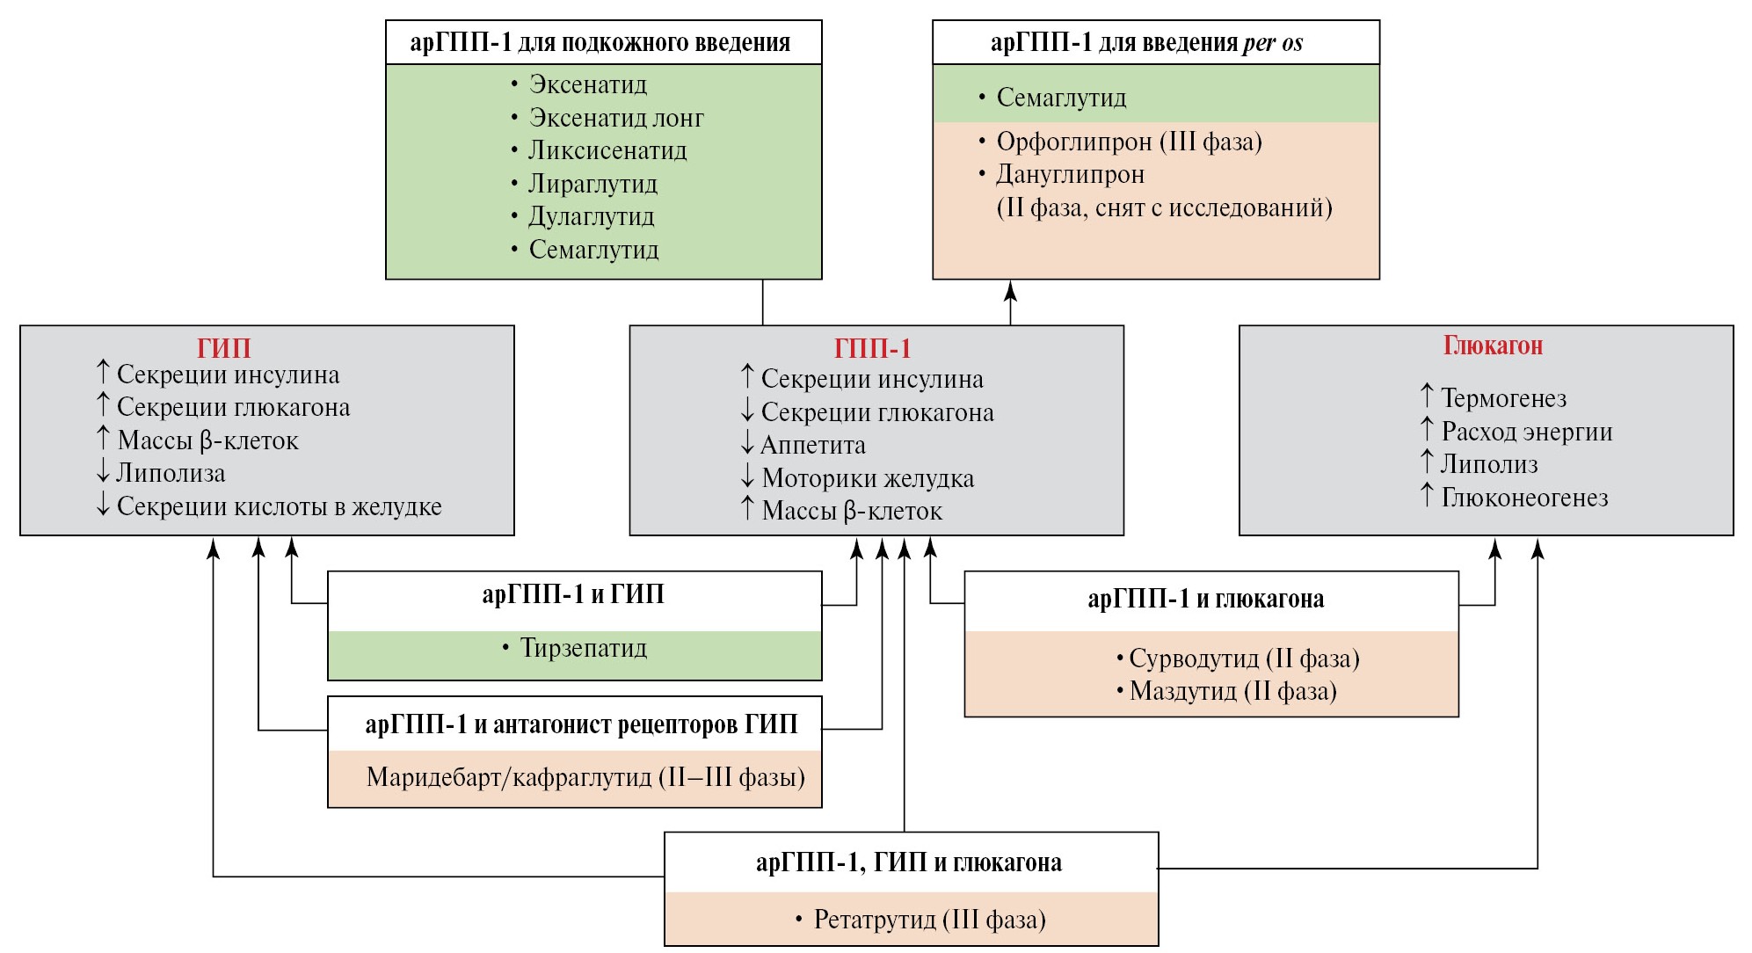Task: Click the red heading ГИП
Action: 223,348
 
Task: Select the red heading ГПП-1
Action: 872,349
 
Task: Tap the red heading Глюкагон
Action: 1493,346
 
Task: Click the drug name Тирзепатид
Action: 583,648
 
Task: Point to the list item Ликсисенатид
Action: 607,150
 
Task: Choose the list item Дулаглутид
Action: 592,216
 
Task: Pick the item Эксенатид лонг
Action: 616,118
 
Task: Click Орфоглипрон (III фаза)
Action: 1129,142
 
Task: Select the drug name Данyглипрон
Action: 1070,174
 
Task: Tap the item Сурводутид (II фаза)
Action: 1244,658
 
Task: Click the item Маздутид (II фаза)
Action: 1232,691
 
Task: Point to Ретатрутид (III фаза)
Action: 929,920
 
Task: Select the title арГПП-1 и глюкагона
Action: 1205,599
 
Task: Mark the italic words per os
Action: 1273,43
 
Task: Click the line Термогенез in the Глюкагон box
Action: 1503,398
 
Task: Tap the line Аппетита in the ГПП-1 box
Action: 812,445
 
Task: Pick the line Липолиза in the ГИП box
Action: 171,473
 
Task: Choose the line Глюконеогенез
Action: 1524,498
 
